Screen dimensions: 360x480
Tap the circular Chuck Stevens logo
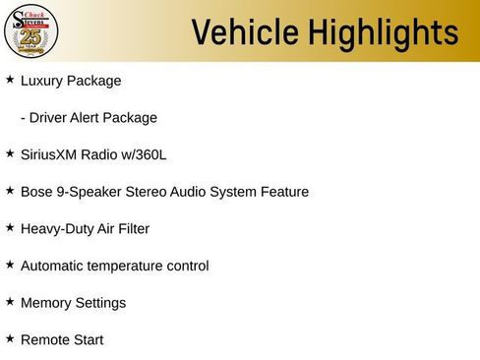click(x=31, y=30)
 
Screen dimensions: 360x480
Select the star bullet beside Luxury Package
click(x=10, y=80)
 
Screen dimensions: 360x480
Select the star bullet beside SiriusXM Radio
click(x=10, y=153)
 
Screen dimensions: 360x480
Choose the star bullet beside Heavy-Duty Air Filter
click(x=10, y=228)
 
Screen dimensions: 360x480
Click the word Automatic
click(x=54, y=266)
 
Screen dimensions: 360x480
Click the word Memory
click(x=46, y=303)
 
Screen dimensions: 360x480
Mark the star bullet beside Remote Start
click(x=10, y=339)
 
